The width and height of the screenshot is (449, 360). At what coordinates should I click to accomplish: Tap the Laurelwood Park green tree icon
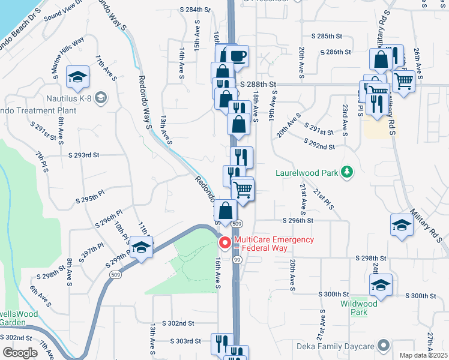coord(346,172)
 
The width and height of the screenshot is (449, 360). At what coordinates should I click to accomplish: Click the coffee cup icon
coord(238,57)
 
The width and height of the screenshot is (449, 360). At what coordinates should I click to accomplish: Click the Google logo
coord(20,353)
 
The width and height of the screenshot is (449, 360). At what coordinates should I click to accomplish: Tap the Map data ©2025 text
coord(424,355)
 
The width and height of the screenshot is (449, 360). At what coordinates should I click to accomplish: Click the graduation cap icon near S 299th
coord(142,247)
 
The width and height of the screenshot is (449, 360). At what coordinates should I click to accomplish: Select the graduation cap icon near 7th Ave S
coord(78,77)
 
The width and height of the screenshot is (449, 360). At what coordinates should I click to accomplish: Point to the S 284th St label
coord(196,10)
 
